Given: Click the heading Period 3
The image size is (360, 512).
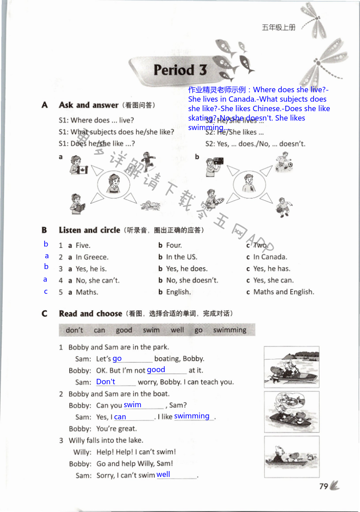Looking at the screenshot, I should (x=180, y=70).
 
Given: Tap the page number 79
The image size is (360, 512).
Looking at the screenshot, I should (x=323, y=486).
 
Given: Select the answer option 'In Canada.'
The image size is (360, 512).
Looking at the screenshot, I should (x=270, y=257).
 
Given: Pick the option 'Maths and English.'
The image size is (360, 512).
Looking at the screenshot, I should (x=283, y=292).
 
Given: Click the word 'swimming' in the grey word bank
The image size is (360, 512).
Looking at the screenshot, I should (x=229, y=330).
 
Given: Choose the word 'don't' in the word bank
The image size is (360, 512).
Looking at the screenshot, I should (x=74, y=330).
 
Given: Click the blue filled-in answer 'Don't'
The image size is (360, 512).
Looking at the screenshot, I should (x=106, y=382).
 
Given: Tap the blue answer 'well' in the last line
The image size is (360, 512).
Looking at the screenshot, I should (x=163, y=474).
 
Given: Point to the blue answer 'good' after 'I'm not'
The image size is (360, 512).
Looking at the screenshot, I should (x=156, y=370).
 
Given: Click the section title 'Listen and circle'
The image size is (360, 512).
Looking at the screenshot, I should (x=89, y=230).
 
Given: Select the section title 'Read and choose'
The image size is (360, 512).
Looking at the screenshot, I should (x=90, y=314).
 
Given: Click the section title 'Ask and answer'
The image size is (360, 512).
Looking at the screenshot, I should (x=88, y=105).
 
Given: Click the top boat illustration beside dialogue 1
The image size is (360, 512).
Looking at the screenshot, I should (x=291, y=366).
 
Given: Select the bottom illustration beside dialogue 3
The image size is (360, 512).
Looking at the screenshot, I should (x=291, y=456).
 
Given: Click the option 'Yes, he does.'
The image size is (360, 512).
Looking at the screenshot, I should (x=187, y=269).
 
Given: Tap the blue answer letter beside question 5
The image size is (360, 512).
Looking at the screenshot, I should (x=46, y=292).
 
